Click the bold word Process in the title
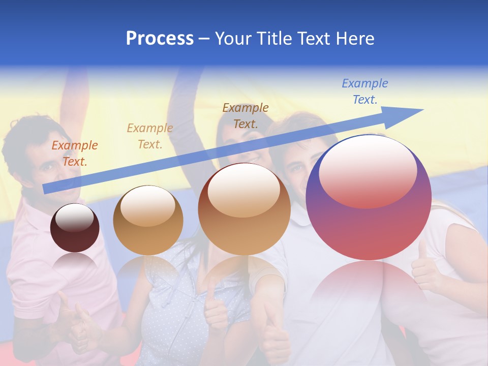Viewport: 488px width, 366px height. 160,39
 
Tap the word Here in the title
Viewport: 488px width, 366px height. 354,39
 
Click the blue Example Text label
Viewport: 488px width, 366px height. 364,91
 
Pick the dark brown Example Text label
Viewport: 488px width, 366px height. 246,115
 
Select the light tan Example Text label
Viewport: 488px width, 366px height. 150,136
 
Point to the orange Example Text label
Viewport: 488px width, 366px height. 75,153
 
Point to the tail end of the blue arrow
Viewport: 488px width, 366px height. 47,189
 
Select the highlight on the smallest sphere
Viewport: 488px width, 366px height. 74,218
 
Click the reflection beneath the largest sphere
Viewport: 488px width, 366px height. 369,290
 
